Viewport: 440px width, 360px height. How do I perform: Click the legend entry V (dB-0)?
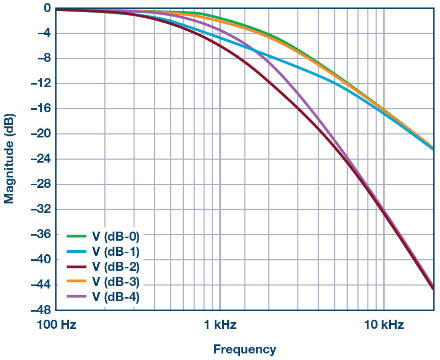pyautogui.click(x=115, y=235)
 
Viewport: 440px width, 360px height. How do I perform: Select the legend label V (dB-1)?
pyautogui.click(x=115, y=251)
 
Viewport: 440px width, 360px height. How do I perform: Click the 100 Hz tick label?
pyautogui.click(x=56, y=325)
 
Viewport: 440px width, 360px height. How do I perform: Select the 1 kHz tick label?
pyautogui.click(x=220, y=325)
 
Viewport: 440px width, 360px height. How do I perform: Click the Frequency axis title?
pyautogui.click(x=244, y=349)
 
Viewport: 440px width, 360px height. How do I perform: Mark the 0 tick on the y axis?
pyautogui.click(x=46, y=8)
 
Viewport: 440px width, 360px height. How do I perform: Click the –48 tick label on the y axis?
pyautogui.click(x=41, y=310)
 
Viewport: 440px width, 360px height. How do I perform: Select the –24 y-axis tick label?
pyautogui.click(x=41, y=159)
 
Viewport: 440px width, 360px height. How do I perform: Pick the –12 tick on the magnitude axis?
pyautogui.click(x=41, y=84)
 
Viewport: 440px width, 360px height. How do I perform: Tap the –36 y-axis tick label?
pyautogui.click(x=41, y=234)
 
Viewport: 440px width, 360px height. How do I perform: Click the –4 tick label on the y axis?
pyautogui.click(x=43, y=33)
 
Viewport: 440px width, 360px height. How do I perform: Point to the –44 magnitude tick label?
pyautogui.click(x=41, y=284)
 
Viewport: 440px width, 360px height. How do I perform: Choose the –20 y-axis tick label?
pyautogui.click(x=41, y=134)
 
